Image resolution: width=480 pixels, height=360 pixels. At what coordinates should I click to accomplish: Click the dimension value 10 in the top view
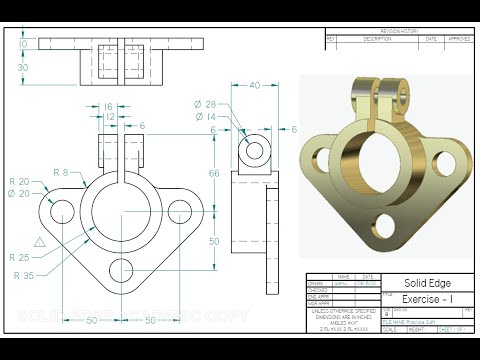[x=22, y=45]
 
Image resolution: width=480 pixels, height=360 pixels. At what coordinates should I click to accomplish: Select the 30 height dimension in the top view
[x=22, y=67]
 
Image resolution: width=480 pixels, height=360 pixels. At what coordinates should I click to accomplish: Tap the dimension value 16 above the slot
[x=108, y=105]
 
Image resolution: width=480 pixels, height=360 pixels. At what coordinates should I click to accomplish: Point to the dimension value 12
[x=108, y=117]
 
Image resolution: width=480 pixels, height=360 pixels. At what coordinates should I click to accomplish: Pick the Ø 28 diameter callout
[x=205, y=105]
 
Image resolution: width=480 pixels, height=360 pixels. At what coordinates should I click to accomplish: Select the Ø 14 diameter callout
[x=205, y=117]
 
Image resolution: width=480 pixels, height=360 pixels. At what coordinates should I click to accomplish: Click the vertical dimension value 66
[x=213, y=174]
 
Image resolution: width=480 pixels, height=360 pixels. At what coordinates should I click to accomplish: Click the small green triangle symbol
[x=39, y=242]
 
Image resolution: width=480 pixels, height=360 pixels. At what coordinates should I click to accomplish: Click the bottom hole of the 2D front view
[x=122, y=268]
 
